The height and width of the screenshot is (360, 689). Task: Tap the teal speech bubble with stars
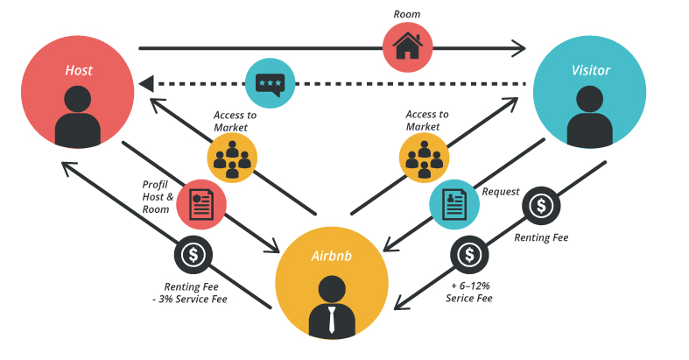coord(270,83)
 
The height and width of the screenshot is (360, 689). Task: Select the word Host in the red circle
coord(78,69)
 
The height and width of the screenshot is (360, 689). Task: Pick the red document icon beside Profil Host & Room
coord(201,204)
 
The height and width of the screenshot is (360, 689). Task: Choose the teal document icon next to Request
coord(453,204)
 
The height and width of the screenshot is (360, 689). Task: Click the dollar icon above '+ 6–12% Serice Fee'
coord(468,255)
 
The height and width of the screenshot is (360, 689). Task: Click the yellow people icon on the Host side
coord(232,157)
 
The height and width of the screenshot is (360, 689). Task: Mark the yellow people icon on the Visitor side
coord(425,157)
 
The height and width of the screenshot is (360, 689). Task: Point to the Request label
coord(501,190)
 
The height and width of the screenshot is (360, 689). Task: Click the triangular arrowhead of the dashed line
coord(145,83)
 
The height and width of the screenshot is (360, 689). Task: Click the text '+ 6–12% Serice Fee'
coord(470,292)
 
